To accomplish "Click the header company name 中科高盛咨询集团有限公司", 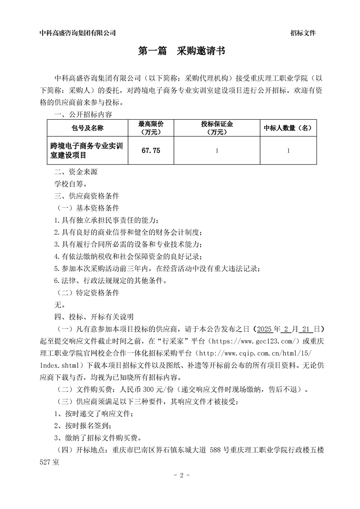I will [x=78, y=33].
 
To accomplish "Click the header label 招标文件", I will [x=303, y=33].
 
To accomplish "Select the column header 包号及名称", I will [x=87, y=128].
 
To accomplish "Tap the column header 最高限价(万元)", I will [x=151, y=128].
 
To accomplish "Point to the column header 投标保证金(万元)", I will [x=217, y=128].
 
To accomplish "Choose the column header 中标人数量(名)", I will [x=288, y=128].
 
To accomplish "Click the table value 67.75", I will [x=151, y=151].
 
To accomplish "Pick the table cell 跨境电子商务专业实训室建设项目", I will [x=87, y=151].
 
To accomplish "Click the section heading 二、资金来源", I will [x=76, y=172].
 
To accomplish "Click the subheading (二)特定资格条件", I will [x=87, y=293].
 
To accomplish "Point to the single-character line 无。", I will [x=59, y=305].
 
